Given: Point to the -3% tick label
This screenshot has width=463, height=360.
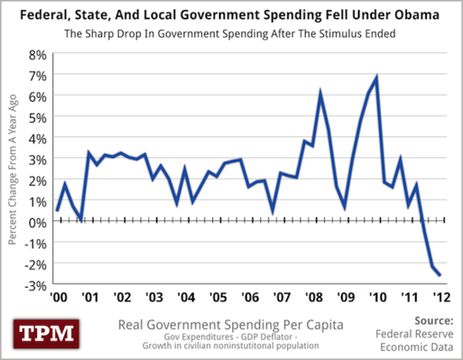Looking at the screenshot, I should point(35,285).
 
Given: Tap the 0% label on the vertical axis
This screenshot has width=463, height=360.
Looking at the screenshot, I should point(37,222).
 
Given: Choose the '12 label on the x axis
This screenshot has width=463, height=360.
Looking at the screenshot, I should point(439,298).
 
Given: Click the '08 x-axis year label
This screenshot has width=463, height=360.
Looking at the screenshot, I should point(311,298).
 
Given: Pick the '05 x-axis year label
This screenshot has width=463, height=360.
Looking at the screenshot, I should point(216,298).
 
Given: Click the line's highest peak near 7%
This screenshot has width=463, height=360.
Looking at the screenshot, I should point(376,77).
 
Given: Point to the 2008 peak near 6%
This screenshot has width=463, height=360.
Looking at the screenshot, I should point(320,92).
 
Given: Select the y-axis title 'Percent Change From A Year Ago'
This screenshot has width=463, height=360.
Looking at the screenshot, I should point(13,168).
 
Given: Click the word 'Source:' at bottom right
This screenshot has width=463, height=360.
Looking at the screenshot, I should point(435,320).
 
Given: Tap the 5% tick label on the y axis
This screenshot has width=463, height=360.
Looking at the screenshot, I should point(37,117).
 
